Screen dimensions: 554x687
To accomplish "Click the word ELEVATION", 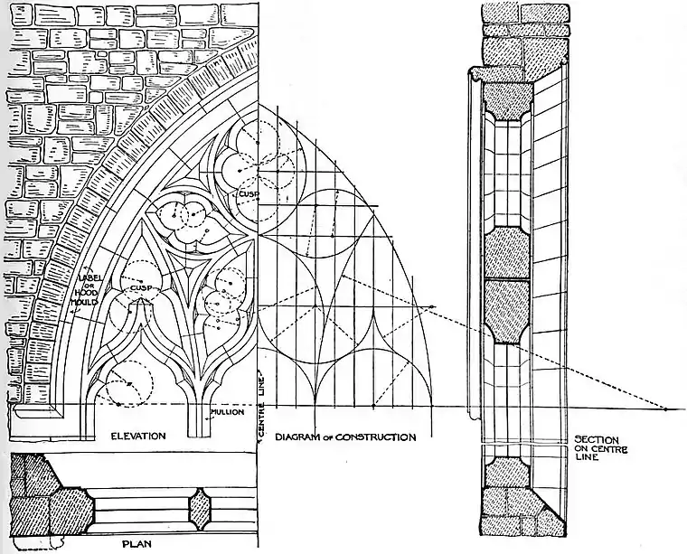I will click(x=137, y=437).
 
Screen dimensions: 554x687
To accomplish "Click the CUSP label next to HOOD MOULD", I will click(x=140, y=288).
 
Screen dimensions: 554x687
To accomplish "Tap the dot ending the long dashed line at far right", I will click(x=667, y=408).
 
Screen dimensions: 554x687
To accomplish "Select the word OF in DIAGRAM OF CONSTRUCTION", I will click(x=332, y=438).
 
